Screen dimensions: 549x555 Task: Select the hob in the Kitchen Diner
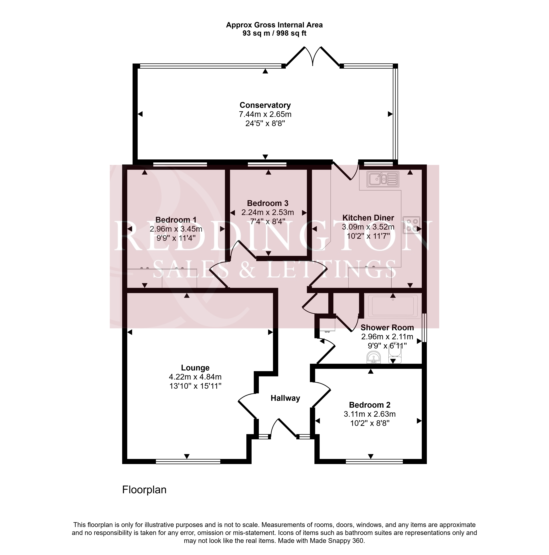pos(411,225)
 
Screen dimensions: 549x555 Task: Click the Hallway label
pos(285,398)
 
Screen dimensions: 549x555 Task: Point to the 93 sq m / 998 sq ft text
pos(274,33)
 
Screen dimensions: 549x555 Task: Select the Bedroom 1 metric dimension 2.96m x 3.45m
pos(176,229)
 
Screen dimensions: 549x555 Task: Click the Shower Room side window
pos(424,328)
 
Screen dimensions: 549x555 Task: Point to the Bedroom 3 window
pos(267,164)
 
